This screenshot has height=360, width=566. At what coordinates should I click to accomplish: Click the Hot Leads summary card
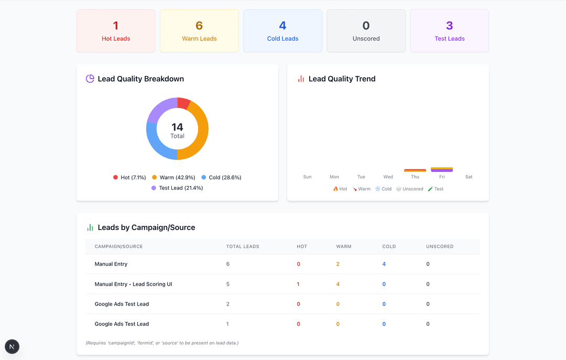tap(116, 31)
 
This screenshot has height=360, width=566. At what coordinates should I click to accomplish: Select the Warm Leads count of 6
tap(199, 26)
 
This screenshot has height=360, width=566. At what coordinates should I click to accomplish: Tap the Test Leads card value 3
tap(450, 26)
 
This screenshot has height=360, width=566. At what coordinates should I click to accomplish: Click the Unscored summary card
tap(366, 31)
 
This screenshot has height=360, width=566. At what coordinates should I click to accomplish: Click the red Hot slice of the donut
tap(183, 103)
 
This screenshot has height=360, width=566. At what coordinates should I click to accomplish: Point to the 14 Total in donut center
tap(177, 130)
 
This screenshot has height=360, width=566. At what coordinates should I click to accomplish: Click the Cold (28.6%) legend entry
tap(221, 178)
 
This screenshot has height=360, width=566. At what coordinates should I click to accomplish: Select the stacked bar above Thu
tap(415, 170)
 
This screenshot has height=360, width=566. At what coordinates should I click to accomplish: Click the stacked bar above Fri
tap(442, 169)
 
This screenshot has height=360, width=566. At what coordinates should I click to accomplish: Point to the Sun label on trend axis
tap(307, 177)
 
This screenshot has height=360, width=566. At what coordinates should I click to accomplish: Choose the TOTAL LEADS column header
tap(243, 246)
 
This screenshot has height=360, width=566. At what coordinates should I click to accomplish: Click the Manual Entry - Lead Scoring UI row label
tap(133, 284)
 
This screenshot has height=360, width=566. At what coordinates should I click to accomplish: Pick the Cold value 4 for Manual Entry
tap(384, 264)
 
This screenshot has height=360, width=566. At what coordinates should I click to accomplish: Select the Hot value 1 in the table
tap(298, 284)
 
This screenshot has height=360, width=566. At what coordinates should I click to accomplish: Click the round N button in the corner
tap(12, 346)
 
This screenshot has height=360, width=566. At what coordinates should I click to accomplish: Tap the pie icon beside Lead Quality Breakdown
tap(90, 79)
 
